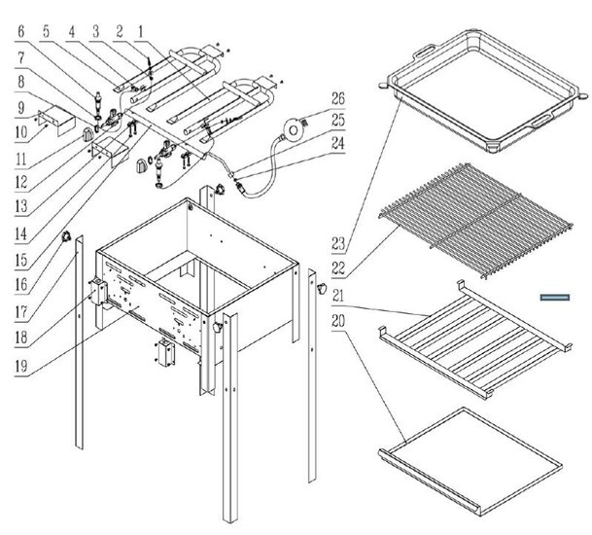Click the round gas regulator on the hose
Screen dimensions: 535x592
pyautogui.click(x=289, y=127)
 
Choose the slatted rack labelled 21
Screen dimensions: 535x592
pyautogui.click(x=471, y=336)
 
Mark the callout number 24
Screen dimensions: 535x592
pyautogui.click(x=337, y=150)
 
